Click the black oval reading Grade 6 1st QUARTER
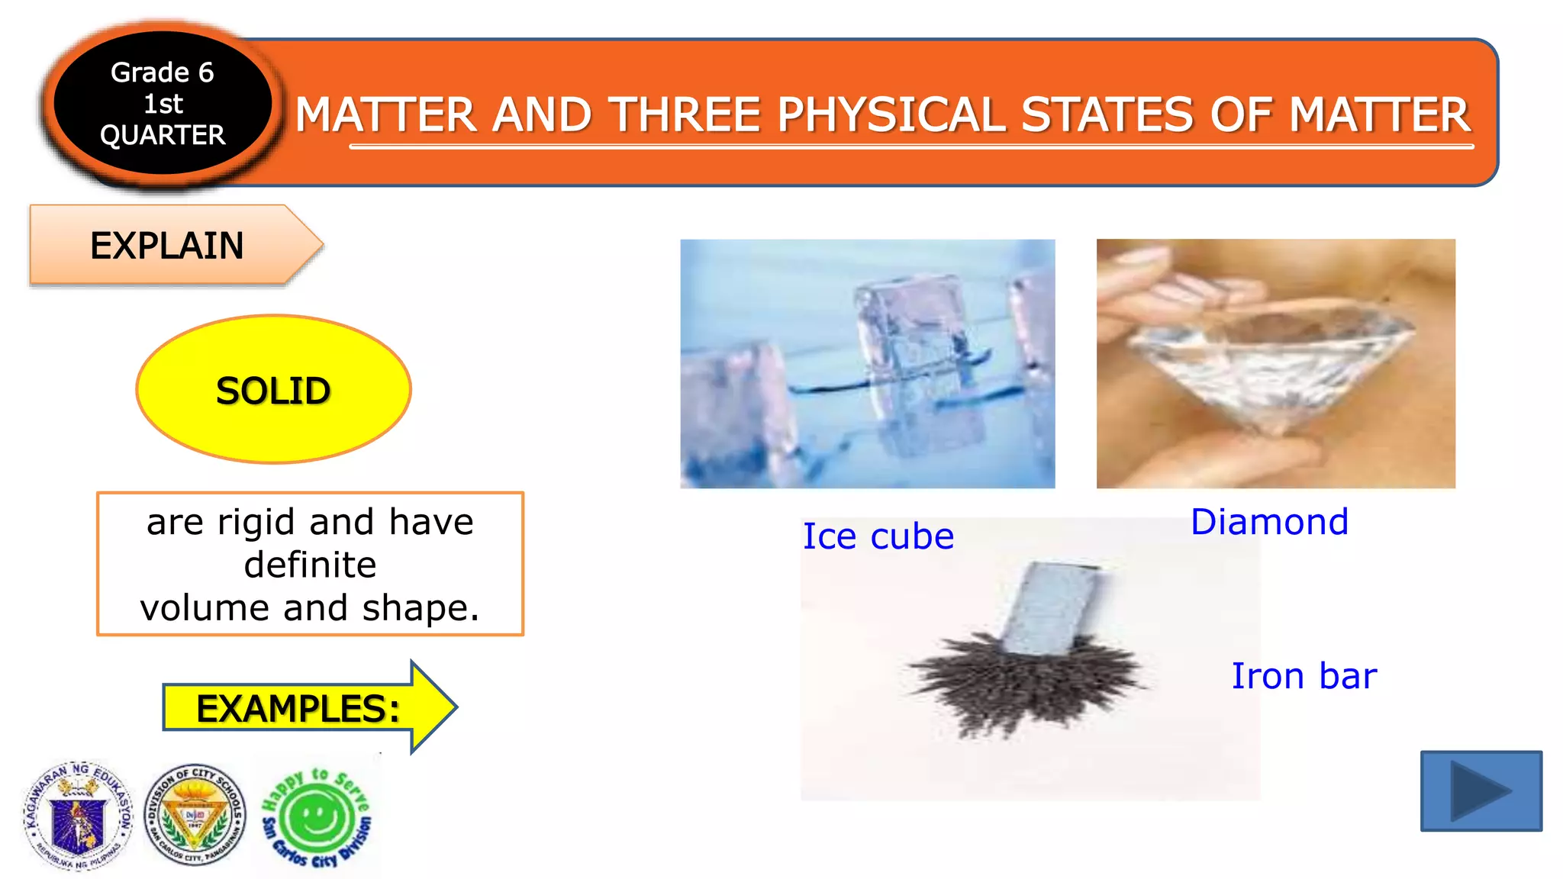pyautogui.click(x=163, y=104)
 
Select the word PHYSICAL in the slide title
pyautogui.click(x=891, y=115)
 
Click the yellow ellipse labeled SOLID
pyautogui.click(x=273, y=390)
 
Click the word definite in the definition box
pyautogui.click(x=310, y=565)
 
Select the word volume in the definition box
pyautogui.click(x=205, y=608)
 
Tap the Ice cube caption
pyautogui.click(x=878, y=536)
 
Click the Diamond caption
pyautogui.click(x=1269, y=523)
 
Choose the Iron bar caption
pyautogui.click(x=1304, y=677)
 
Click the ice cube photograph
pyautogui.click(x=867, y=363)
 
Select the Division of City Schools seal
pyautogui.click(x=195, y=816)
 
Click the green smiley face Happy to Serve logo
pyautogui.click(x=316, y=819)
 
